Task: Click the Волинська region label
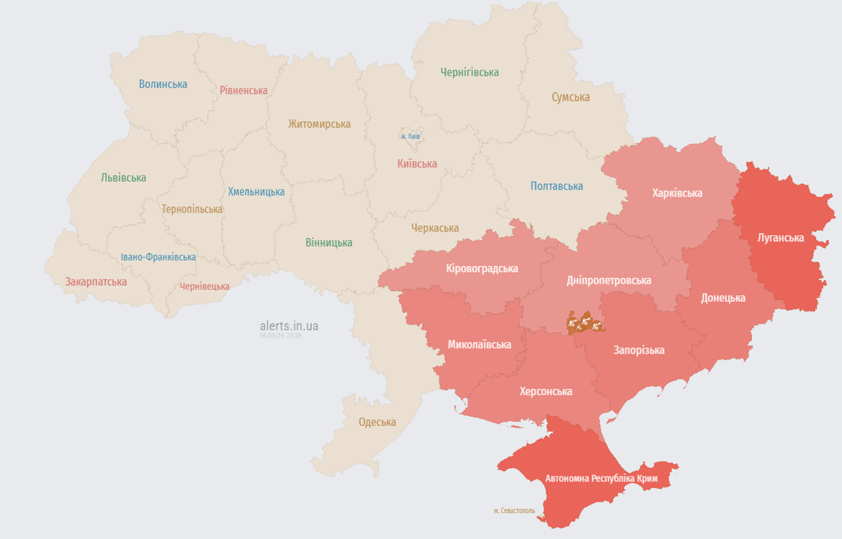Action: point(163,84)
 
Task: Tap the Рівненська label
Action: point(244,91)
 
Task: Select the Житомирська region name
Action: point(319,124)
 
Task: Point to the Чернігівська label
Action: point(469,72)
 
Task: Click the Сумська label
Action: point(570,98)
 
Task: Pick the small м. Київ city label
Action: point(410,136)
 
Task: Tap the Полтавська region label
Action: point(556,186)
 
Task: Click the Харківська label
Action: point(677,193)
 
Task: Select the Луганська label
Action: point(780,237)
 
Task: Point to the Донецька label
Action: point(723,298)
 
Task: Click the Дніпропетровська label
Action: point(609,280)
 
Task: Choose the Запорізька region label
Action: point(638,350)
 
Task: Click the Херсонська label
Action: point(546,392)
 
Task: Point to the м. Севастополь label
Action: point(514,511)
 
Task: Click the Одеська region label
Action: point(377,422)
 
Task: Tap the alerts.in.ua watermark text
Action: point(289,326)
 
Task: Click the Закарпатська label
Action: point(96,281)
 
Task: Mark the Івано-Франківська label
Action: point(158,257)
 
